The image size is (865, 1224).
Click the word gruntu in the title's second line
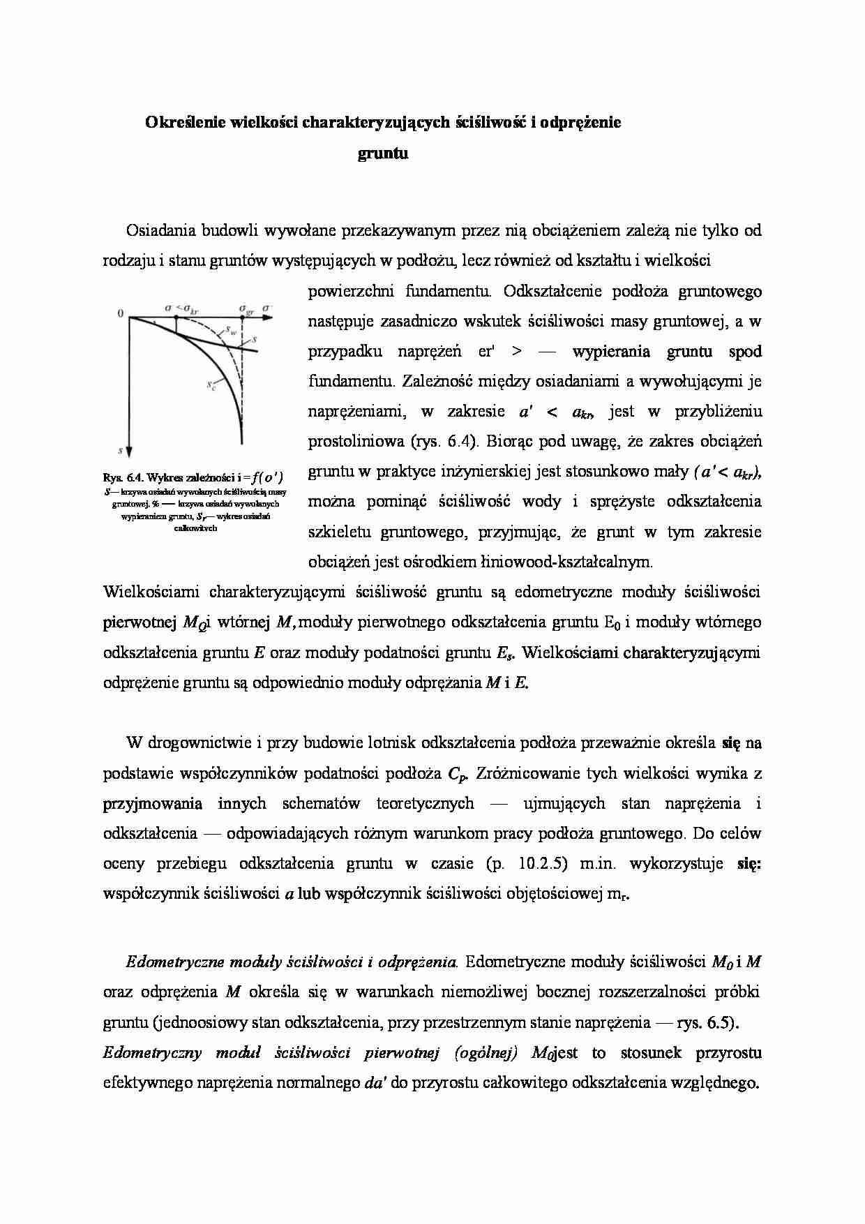pyautogui.click(x=382, y=154)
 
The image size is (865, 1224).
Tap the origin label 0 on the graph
pyautogui.click(x=121, y=315)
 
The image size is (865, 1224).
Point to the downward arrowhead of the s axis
pyautogui.click(x=130, y=451)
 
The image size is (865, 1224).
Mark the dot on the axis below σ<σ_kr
pyautogui.click(x=176, y=318)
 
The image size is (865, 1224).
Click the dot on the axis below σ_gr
pyautogui.click(x=243, y=318)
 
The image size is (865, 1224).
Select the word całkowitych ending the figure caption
pyautogui.click(x=195, y=528)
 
